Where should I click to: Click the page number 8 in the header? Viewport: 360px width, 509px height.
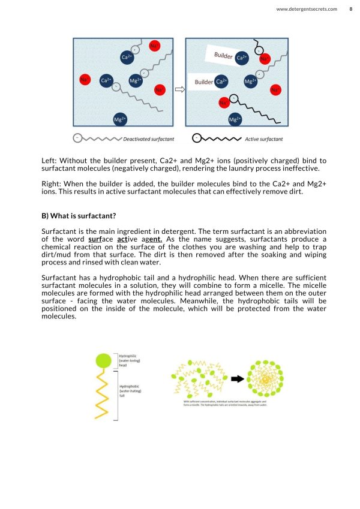tap(351, 9)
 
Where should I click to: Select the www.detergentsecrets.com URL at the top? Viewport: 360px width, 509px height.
tap(306, 9)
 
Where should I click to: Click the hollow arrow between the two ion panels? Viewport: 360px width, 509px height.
tap(179, 91)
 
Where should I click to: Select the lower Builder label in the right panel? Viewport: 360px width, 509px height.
tap(204, 82)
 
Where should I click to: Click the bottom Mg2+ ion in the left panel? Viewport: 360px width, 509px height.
tap(120, 119)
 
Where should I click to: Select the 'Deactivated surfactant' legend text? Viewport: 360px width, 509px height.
tap(148, 139)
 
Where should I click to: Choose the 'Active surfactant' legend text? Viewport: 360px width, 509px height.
tap(263, 139)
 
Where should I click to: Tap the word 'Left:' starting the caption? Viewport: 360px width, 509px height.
tap(49, 160)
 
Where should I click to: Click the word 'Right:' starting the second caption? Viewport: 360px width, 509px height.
tap(52, 183)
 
